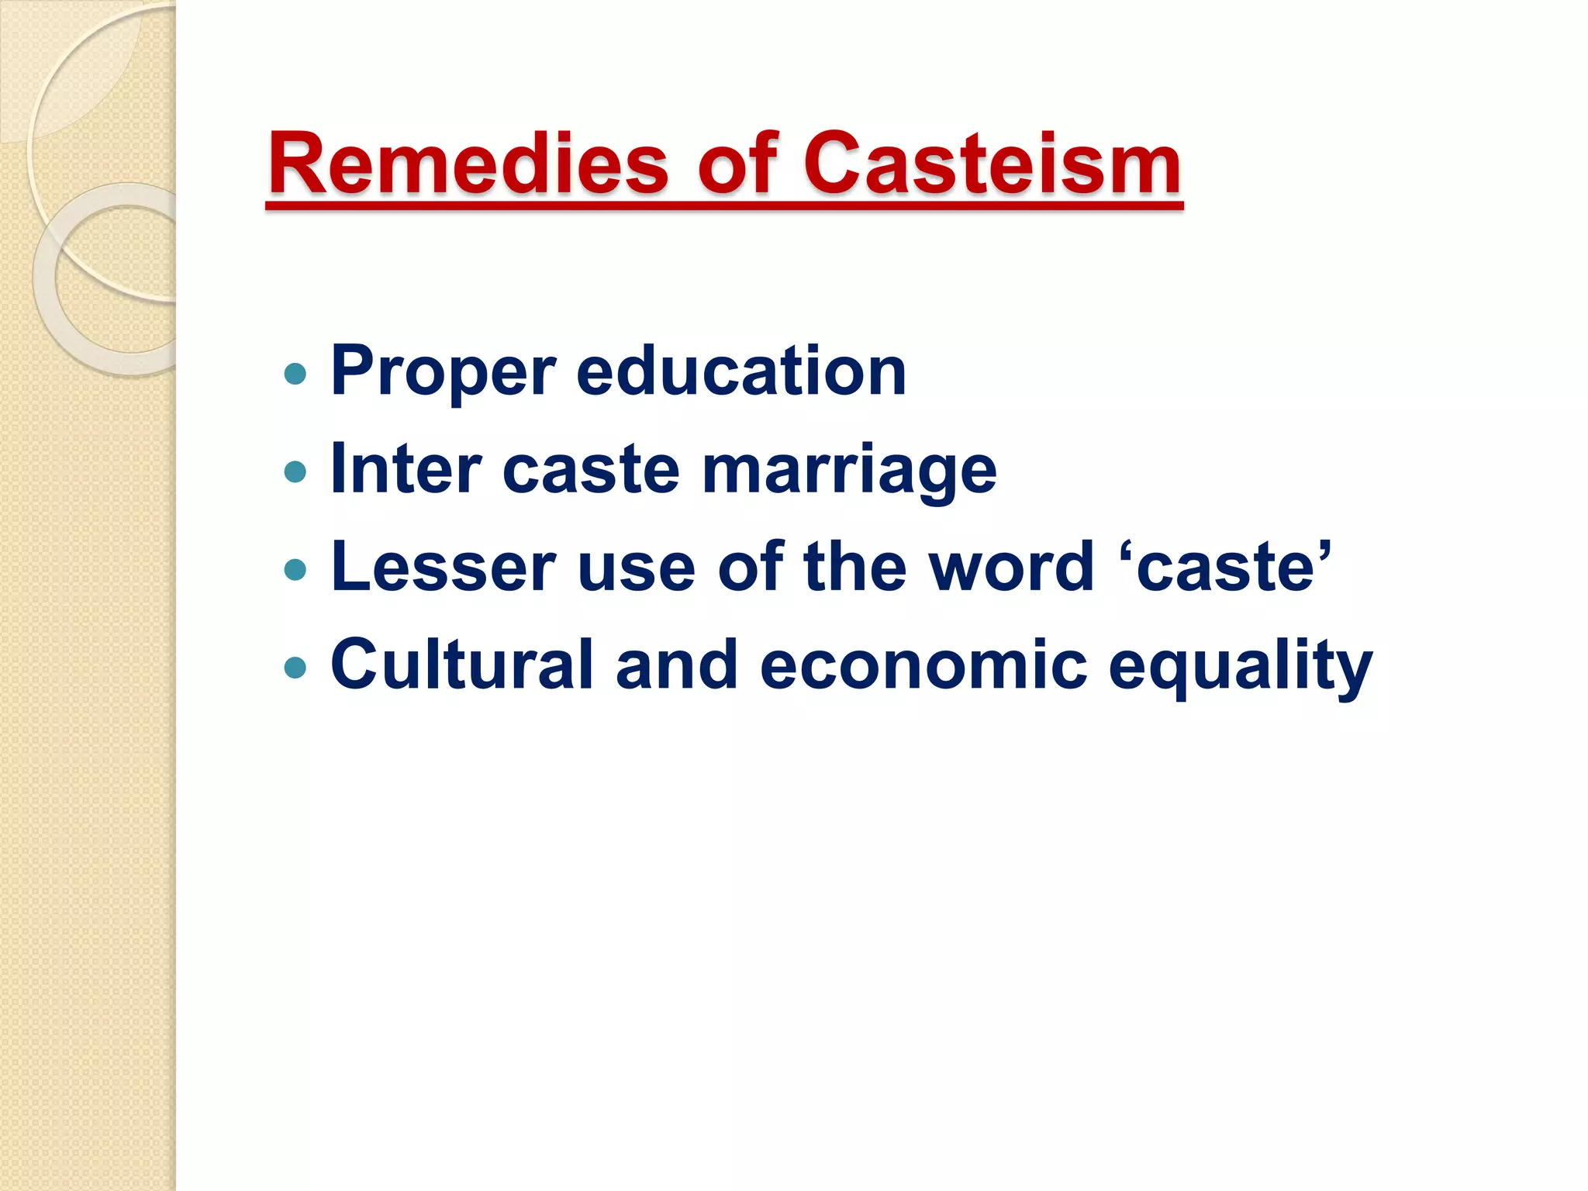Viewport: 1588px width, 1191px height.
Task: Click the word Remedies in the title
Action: point(468,164)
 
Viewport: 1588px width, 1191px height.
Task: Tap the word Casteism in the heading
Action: point(992,164)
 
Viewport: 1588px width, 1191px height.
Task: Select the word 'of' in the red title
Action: point(737,164)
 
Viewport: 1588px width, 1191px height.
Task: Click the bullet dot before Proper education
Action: point(295,375)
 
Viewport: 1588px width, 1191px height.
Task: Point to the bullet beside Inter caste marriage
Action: point(295,471)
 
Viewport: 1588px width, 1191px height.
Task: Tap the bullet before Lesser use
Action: point(295,571)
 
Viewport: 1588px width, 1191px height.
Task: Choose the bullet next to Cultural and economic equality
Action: point(295,667)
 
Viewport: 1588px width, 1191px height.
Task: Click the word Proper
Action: point(443,372)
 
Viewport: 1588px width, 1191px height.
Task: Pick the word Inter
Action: point(405,470)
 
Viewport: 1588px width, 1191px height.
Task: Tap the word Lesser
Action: point(443,568)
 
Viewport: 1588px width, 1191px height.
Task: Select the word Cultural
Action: point(461,665)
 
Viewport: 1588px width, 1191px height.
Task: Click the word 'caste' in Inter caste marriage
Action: point(591,470)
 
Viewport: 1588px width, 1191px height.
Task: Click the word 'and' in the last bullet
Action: point(677,665)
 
